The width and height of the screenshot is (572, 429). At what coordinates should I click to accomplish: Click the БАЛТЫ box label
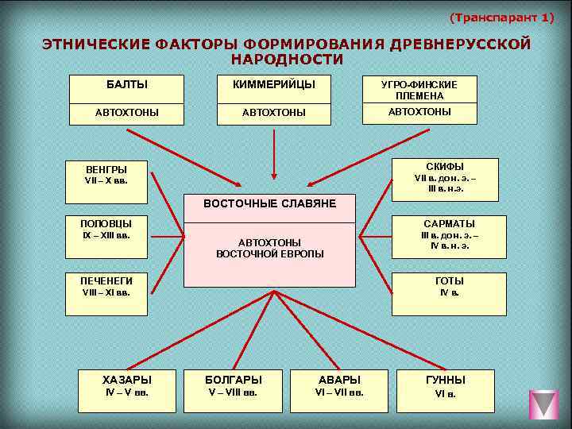pyautogui.click(x=126, y=84)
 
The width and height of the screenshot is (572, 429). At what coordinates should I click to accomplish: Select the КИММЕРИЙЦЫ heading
pyautogui.click(x=273, y=84)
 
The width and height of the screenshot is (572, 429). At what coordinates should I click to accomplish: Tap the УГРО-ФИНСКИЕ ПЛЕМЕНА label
pyautogui.click(x=419, y=90)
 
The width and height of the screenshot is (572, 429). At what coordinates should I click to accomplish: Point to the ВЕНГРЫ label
pyautogui.click(x=106, y=169)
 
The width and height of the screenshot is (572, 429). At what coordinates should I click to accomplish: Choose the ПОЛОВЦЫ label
pyautogui.click(x=106, y=223)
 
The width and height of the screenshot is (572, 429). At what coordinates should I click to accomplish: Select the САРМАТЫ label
pyautogui.click(x=449, y=224)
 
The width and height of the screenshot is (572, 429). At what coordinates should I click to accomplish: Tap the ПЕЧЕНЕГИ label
pyautogui.click(x=106, y=280)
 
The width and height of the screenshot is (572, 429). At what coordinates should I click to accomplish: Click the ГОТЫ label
pyautogui.click(x=449, y=280)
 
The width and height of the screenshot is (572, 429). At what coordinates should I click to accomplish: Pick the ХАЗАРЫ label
pyautogui.click(x=127, y=380)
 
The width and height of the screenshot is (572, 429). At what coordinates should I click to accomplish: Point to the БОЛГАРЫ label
pyautogui.click(x=233, y=380)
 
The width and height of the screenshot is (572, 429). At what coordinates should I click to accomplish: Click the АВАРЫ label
pyautogui.click(x=338, y=380)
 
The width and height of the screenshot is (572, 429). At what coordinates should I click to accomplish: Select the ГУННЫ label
pyautogui.click(x=445, y=380)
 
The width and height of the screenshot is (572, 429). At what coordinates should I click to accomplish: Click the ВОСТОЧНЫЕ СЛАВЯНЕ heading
pyautogui.click(x=269, y=204)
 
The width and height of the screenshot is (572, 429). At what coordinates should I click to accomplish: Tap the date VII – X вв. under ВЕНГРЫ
pyautogui.click(x=106, y=180)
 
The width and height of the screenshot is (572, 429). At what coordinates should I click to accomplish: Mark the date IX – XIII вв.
pyautogui.click(x=106, y=235)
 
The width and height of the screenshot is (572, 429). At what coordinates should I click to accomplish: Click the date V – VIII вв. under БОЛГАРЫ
pyautogui.click(x=233, y=392)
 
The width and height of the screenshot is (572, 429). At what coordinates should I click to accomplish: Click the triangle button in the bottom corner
pyautogui.click(x=543, y=404)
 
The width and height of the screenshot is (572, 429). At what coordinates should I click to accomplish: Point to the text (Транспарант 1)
pyautogui.click(x=501, y=17)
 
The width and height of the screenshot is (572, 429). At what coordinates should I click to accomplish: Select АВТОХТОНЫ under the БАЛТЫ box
pyautogui.click(x=126, y=113)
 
